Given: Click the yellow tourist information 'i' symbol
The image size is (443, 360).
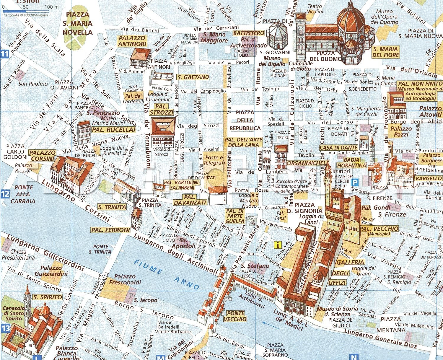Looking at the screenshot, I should pyautogui.click(x=278, y=245).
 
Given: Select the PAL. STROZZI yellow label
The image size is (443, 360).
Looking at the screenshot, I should pyautogui.click(x=161, y=110).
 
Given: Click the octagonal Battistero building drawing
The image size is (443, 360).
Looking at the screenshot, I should pyautogui.click(x=277, y=35).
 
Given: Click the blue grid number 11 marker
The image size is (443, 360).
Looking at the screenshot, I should pyautogui.click(x=4, y=54).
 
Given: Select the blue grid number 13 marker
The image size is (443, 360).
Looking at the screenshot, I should pyautogui.click(x=6, y=328).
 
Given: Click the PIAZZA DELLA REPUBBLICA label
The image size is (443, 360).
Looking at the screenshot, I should pyautogui.click(x=245, y=120).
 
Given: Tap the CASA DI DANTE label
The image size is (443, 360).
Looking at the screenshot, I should pyautogui.click(x=338, y=147).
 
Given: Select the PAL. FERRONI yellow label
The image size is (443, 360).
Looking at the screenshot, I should pyautogui.click(x=110, y=230).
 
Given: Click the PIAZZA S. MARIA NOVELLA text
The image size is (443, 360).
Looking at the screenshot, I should pyautogui.click(x=78, y=23).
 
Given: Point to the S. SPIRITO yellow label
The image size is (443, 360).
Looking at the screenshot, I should pyautogui.click(x=48, y=297).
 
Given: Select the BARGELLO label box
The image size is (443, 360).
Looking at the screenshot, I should pyautogui.click(x=428, y=178).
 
